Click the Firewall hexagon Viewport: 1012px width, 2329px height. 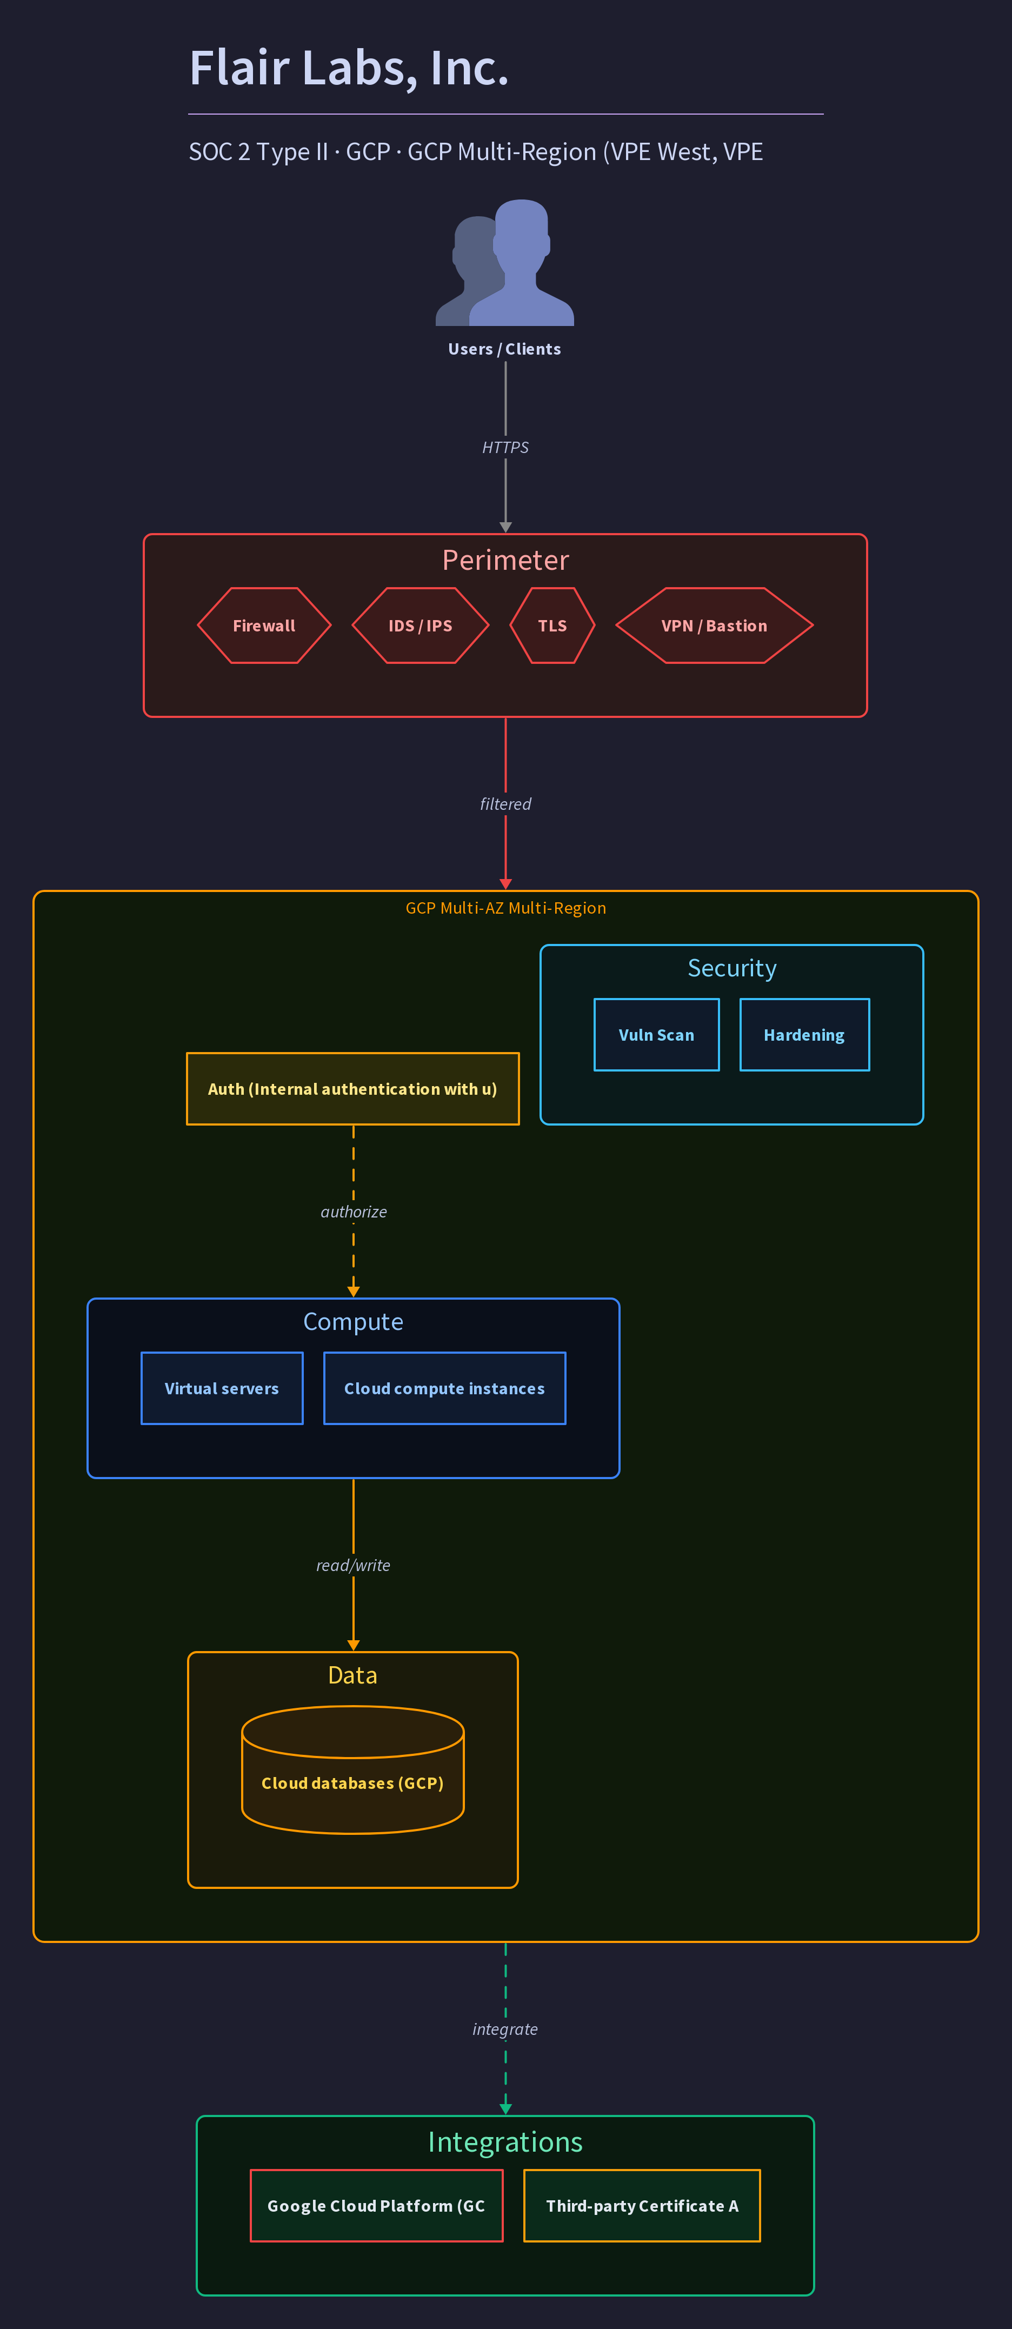coord(264,625)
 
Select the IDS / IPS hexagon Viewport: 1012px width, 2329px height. coord(421,625)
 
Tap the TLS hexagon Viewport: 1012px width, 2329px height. coord(552,625)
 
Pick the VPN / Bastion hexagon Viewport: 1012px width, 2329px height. coord(715,625)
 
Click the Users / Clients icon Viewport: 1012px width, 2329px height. coord(504,262)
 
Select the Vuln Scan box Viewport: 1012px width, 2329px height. coord(657,1035)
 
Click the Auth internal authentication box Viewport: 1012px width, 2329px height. coord(352,1089)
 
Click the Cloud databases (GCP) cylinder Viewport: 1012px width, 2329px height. coord(352,1769)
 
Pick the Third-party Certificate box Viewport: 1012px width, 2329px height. coord(642,2206)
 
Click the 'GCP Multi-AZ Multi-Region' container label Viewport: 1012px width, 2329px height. coord(505,908)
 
